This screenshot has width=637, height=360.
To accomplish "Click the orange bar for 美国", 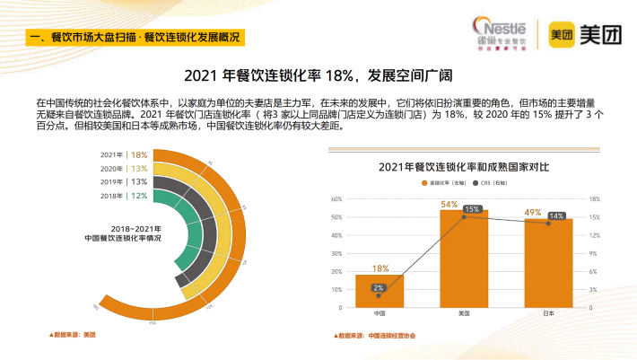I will [463, 260].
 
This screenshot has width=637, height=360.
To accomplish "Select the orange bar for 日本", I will [548, 265].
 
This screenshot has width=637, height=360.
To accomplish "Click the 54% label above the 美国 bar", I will [449, 205].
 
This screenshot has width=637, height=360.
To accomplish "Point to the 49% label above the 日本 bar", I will [533, 213].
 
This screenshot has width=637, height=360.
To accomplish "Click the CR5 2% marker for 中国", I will [379, 288].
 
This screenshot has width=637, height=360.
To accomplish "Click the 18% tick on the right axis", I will [593, 199].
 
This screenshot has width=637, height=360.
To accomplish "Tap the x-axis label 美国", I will [464, 314].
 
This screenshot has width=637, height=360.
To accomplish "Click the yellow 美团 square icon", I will [561, 33].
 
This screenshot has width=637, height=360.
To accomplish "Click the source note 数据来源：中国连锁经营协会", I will [378, 336].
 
